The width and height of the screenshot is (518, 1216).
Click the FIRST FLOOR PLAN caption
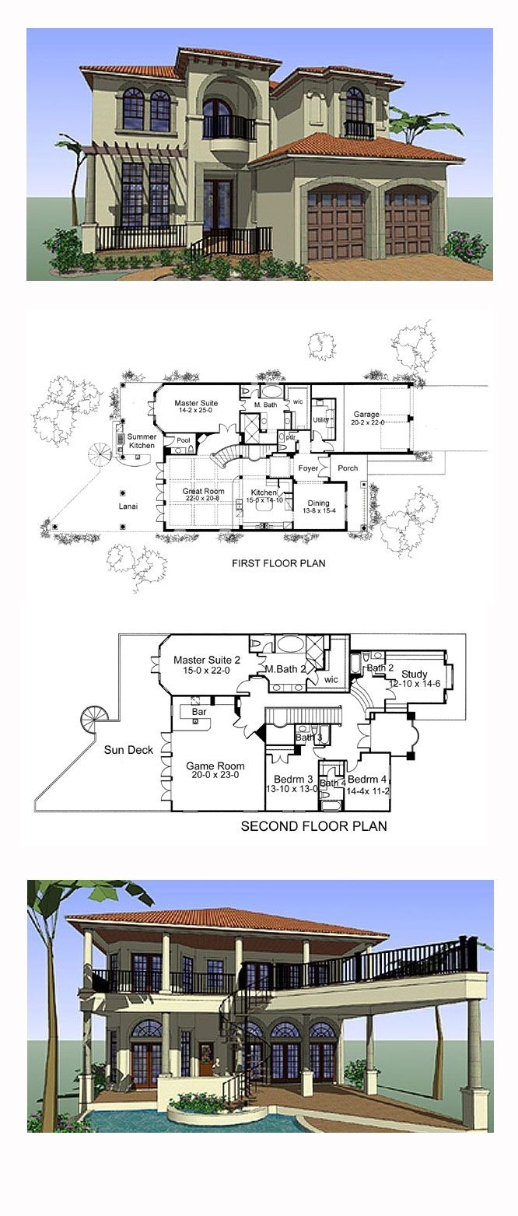tap(279, 562)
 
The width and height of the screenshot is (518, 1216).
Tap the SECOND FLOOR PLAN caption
tap(313, 825)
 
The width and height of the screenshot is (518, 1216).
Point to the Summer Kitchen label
tap(142, 441)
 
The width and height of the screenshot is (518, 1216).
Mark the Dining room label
tap(318, 503)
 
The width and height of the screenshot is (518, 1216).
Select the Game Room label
tap(210, 766)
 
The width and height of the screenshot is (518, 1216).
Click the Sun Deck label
tap(128, 750)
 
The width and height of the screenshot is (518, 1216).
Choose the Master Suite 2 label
tap(206, 660)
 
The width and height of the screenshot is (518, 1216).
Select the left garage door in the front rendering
tap(336, 225)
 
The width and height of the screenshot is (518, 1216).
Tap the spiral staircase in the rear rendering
tap(238, 1036)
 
